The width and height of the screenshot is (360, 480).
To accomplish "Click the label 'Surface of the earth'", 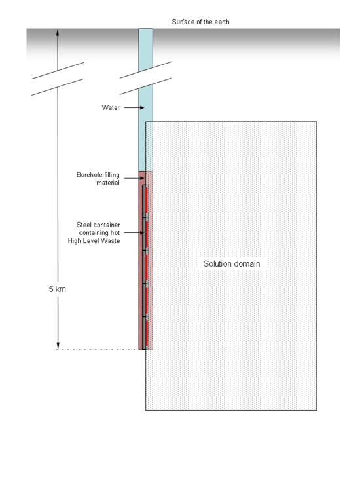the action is click(200, 22).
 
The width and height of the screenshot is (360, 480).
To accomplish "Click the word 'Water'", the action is click(111, 108).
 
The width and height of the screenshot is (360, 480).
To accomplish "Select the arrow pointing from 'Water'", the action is click(134, 108).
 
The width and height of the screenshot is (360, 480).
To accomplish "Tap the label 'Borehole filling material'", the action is click(98, 179).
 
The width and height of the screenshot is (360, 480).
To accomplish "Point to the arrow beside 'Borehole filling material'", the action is click(134, 178).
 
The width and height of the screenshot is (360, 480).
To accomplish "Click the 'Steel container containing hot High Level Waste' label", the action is click(94, 232).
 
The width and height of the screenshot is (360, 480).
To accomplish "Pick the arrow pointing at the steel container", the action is click(134, 232).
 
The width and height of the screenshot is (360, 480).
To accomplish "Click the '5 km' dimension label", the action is click(57, 289).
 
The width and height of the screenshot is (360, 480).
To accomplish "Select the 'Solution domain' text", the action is click(232, 263).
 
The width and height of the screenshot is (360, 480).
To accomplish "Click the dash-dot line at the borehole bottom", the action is click(95, 350).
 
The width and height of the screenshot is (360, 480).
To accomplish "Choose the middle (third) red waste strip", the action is click(147, 267).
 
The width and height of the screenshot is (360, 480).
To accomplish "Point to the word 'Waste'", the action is click(111, 241).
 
